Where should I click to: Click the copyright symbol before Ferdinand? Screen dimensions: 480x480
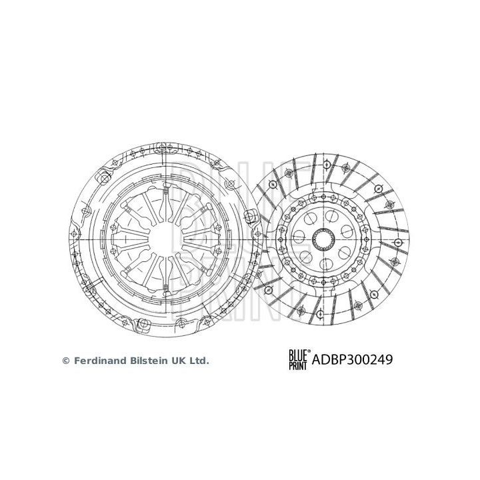coord(65,361)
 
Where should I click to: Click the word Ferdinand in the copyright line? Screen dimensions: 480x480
coord(100,361)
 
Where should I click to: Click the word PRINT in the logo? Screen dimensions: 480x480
coord(297,365)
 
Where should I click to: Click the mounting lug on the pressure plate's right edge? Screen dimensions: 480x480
coord(252,215)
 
